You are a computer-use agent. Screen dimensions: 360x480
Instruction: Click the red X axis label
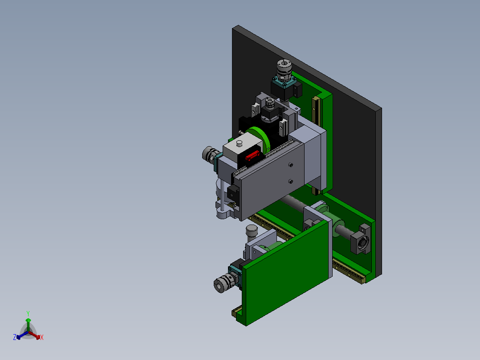pos(42,337)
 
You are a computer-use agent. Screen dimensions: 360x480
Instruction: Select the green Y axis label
pos(28,313)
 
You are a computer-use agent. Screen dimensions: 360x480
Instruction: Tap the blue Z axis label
pos(15,337)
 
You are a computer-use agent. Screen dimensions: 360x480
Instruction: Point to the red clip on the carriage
pos(252,155)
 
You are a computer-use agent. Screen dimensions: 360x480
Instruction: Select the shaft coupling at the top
pos(284,69)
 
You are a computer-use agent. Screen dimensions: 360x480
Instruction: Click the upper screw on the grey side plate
pos(291,165)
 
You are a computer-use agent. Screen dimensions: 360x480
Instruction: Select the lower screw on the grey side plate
pos(291,181)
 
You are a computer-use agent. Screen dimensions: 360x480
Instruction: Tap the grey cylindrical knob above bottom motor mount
pos(252,231)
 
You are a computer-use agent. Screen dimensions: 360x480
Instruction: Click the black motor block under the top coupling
pos(283,91)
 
